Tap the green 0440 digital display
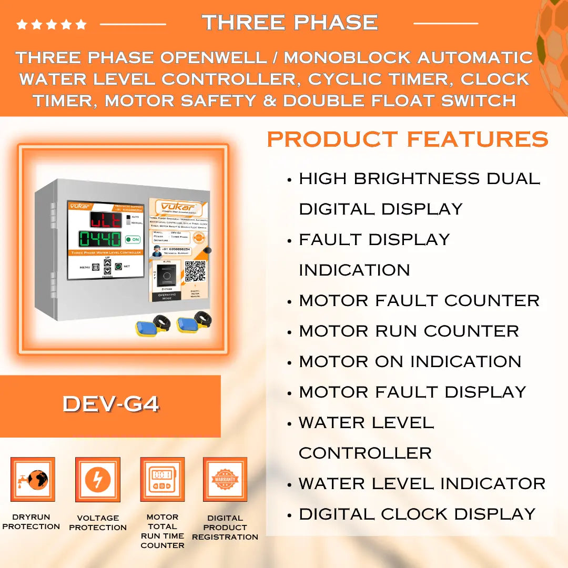click(100, 239)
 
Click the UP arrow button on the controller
click(107, 262)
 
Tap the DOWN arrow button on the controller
click(107, 271)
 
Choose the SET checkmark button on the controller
click(118, 267)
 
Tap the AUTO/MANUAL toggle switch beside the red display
click(127, 219)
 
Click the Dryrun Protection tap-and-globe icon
click(33, 480)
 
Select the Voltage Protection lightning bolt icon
click(98, 480)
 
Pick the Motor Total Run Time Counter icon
click(162, 480)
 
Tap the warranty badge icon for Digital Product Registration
click(225, 480)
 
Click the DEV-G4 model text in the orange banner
click(110, 404)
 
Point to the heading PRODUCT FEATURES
click(408, 139)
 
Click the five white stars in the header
click(51, 24)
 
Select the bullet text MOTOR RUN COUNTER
click(409, 331)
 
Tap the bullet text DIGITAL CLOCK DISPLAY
click(417, 514)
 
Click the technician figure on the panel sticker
click(157, 251)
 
